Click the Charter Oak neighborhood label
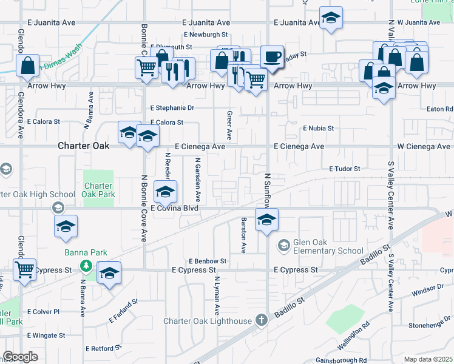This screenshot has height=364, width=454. coord(84,146)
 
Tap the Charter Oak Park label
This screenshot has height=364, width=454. coord(98,190)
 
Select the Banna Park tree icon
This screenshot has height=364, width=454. coord(87,266)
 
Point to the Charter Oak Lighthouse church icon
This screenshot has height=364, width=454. coord(262,320)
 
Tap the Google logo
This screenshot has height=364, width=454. coord(19,357)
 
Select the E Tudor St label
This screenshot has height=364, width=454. coord(345,169)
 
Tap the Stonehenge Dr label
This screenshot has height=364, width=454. coord(430,326)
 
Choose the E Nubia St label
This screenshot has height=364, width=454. coord(318,128)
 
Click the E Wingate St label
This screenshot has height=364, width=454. coord(46,335)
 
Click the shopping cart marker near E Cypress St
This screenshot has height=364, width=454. coord(24,270)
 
